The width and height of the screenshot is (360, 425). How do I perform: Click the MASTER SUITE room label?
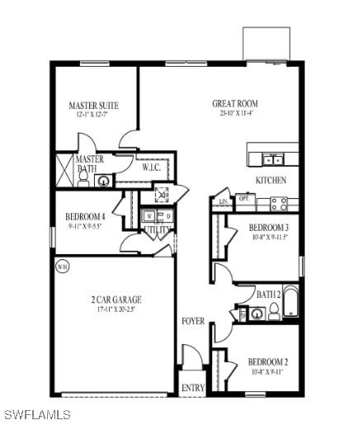(93, 106)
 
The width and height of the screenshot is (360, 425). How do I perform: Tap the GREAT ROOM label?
(234, 104)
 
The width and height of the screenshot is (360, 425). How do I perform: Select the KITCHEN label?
(270, 180)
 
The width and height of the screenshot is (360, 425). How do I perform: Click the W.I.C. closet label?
(151, 168)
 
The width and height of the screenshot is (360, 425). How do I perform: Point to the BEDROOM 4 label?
(85, 217)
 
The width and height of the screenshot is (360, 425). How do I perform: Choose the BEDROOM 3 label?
(268, 228)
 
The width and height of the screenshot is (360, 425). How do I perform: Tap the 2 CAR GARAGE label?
(116, 300)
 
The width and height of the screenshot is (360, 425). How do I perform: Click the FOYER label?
(193, 321)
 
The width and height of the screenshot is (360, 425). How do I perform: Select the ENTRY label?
(192, 388)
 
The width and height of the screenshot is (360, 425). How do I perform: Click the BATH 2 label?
(268, 295)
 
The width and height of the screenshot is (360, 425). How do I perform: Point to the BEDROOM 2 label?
(268, 361)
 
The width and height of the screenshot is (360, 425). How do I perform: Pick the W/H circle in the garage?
(63, 267)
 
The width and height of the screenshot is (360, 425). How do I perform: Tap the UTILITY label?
(157, 229)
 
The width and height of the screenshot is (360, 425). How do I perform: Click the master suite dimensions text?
(93, 116)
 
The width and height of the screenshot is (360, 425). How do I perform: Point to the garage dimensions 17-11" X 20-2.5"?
(116, 309)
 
